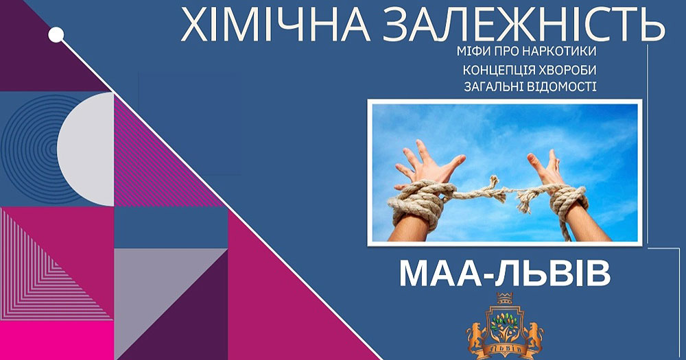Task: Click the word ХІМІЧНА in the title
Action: [275, 25]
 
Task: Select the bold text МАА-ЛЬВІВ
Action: [505, 274]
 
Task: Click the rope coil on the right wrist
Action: [568, 202]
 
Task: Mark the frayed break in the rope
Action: [510, 193]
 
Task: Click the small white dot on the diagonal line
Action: [56, 34]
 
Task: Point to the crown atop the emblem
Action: [504, 298]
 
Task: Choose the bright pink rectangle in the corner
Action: [56, 340]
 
